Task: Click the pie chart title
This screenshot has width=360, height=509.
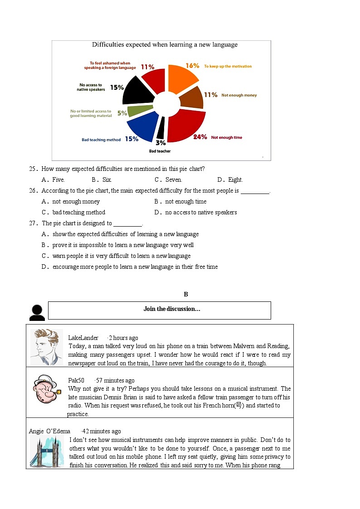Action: pyautogui.click(x=165, y=45)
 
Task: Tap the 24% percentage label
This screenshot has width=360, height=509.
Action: pyautogui.click(x=200, y=136)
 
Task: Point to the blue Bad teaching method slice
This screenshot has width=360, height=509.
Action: pyautogui.click(x=142, y=127)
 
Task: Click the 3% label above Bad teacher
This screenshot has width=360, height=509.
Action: pyautogui.click(x=160, y=143)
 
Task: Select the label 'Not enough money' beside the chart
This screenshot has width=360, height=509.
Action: pyautogui.click(x=239, y=95)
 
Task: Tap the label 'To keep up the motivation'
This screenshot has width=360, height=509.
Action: pyautogui.click(x=228, y=66)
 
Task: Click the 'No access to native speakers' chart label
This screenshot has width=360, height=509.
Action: pyautogui.click(x=91, y=87)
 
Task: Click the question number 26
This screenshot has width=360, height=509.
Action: pyautogui.click(x=33, y=191)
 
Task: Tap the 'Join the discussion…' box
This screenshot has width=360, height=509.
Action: pyautogui.click(x=159, y=310)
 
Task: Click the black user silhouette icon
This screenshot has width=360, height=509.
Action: pyautogui.click(x=37, y=312)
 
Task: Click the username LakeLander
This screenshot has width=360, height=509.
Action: pyautogui.click(x=83, y=338)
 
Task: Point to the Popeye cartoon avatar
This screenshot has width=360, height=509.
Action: pyautogui.click(x=45, y=390)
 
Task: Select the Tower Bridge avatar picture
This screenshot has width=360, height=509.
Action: pyautogui.click(x=46, y=451)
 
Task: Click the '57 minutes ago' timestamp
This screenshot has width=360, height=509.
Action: pyautogui.click(x=115, y=380)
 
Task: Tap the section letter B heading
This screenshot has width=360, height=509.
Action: pyautogui.click(x=186, y=295)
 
